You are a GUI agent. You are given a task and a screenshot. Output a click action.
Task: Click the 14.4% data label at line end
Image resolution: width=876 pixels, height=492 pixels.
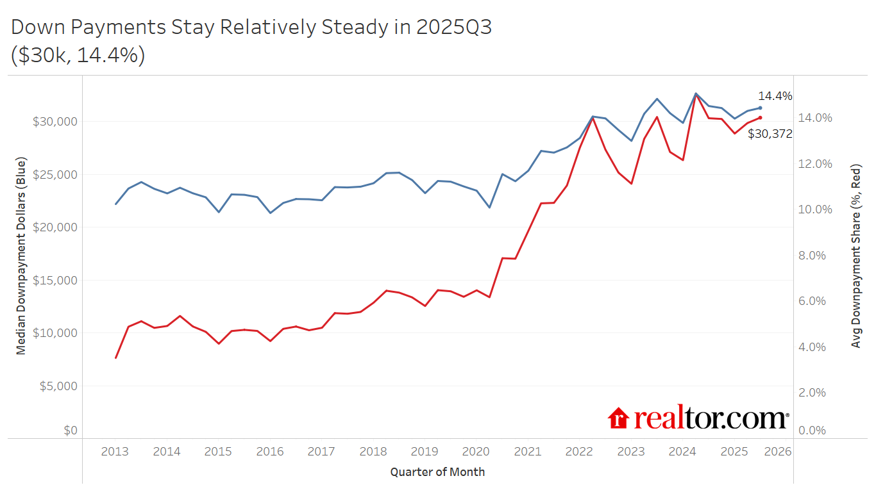click(x=775, y=96)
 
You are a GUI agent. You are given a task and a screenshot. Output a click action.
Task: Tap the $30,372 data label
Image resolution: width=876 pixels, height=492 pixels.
click(x=770, y=134)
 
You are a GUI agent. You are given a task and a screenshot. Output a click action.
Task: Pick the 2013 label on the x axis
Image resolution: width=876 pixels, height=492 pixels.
click(x=115, y=451)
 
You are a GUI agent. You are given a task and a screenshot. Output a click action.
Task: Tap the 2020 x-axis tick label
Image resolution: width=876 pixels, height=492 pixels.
click(x=476, y=451)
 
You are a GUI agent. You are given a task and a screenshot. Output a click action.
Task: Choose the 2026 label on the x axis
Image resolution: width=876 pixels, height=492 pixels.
click(x=778, y=451)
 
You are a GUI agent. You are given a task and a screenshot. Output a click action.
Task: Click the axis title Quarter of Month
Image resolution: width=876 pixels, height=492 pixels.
click(x=437, y=472)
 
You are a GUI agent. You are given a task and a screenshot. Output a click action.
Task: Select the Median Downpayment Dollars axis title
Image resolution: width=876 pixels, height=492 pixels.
click(x=21, y=256)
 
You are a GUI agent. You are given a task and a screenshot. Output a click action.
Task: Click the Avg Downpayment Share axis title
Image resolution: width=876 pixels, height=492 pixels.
click(x=855, y=256)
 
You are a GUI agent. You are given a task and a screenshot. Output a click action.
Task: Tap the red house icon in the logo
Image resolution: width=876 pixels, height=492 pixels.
click(x=618, y=418)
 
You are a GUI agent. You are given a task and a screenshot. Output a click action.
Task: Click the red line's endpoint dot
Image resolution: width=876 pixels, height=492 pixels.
click(x=760, y=117)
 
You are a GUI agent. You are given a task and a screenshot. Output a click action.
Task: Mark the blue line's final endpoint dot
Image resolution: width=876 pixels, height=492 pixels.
click(x=760, y=108)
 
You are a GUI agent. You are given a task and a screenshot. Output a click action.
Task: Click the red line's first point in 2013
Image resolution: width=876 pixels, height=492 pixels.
click(x=116, y=357)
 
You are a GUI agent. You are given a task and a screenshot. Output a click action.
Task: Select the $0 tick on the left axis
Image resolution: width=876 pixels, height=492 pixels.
click(x=70, y=430)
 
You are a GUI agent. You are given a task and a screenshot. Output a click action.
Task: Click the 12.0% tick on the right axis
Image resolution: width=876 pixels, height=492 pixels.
click(x=814, y=164)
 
